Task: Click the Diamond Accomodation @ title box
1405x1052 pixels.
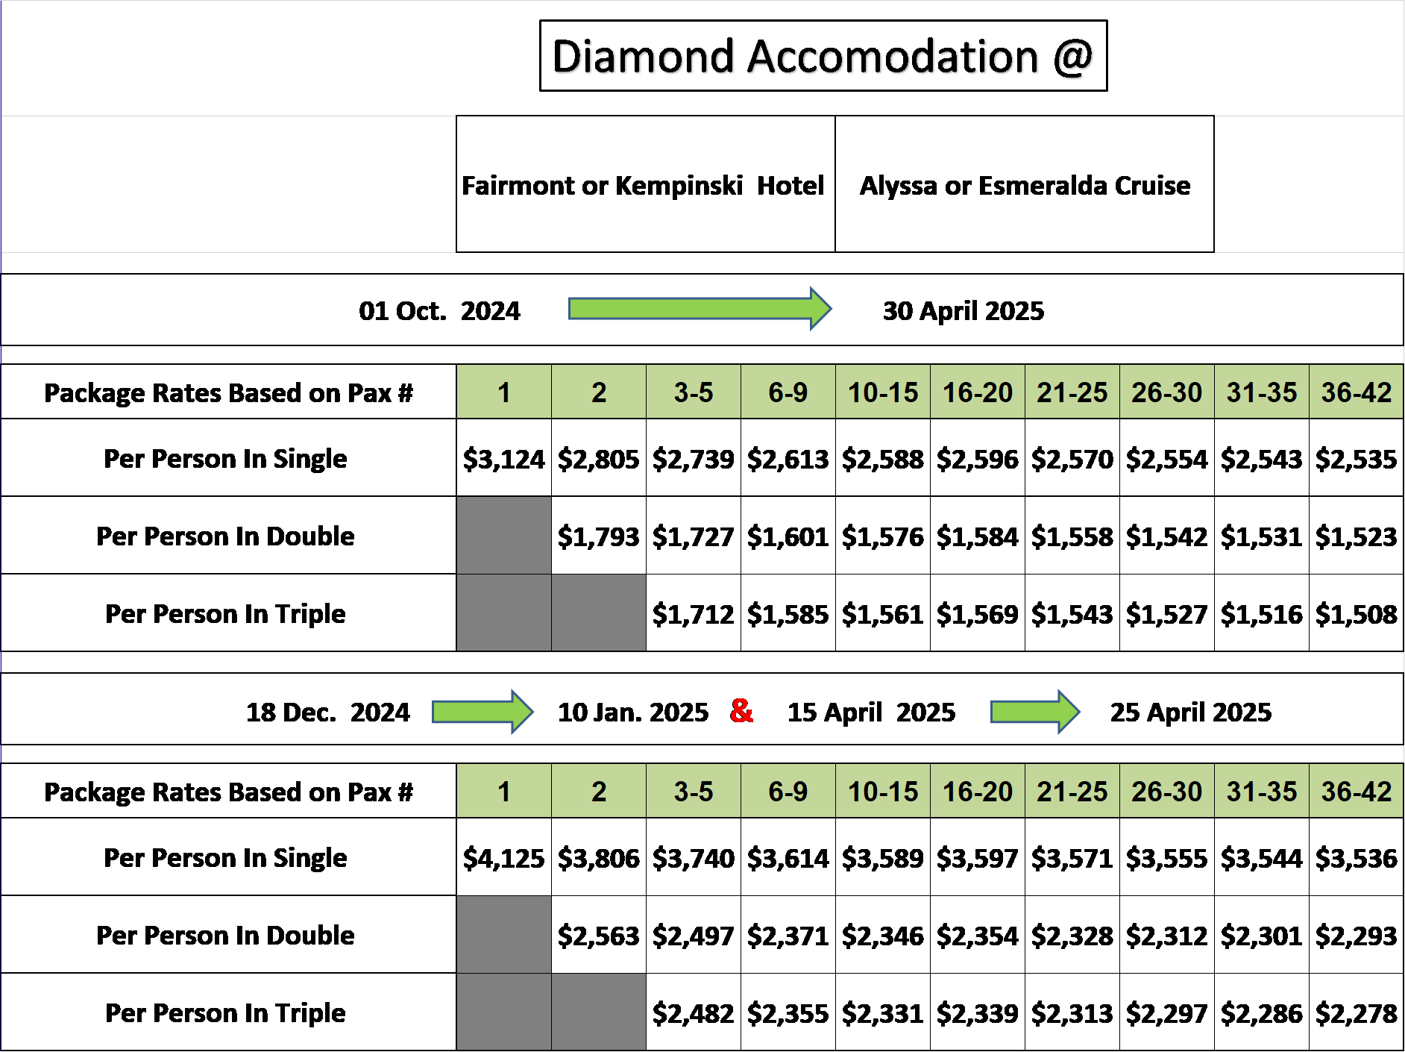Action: pyautogui.click(x=823, y=56)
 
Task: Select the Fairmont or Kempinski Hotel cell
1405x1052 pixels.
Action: pyautogui.click(x=646, y=184)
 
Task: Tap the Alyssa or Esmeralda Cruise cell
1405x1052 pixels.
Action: pyautogui.click(x=1025, y=184)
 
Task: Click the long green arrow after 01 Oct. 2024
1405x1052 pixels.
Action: pyautogui.click(x=700, y=308)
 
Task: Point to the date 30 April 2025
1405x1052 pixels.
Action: pyautogui.click(x=964, y=310)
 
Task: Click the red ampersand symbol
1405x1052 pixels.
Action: pyautogui.click(x=741, y=710)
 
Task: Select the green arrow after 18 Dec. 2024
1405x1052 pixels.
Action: pyautogui.click(x=483, y=712)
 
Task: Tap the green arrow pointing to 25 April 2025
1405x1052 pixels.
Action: pyautogui.click(x=1035, y=712)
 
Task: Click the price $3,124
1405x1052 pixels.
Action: pyautogui.click(x=504, y=458)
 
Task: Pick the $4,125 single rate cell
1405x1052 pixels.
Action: pyautogui.click(x=504, y=857)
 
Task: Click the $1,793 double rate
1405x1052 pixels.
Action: pyautogui.click(x=599, y=536)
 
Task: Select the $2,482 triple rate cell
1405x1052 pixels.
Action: pyautogui.click(x=694, y=1012)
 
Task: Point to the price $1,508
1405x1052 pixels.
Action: pyautogui.click(x=1357, y=614)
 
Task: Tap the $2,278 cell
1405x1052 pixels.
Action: pyautogui.click(x=1357, y=1012)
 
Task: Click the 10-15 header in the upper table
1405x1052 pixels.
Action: pyautogui.click(x=883, y=392)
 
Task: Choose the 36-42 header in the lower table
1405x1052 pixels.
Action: pyautogui.click(x=1357, y=791)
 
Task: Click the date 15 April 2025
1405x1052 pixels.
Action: pyautogui.click(x=871, y=713)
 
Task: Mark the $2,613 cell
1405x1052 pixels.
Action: pyautogui.click(x=788, y=458)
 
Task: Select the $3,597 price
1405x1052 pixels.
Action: pyautogui.click(x=978, y=857)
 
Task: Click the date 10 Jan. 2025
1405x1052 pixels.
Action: pyautogui.click(x=633, y=713)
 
